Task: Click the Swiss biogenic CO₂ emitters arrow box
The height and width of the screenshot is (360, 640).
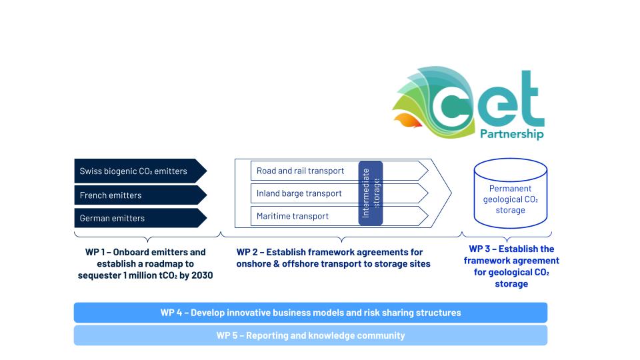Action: [x=140, y=171]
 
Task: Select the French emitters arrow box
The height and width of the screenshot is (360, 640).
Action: [x=140, y=195]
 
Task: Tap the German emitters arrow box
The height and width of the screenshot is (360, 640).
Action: [x=140, y=218]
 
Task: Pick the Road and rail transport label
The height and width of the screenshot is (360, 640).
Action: [x=300, y=171]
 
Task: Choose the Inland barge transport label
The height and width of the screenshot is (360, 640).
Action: [x=299, y=193]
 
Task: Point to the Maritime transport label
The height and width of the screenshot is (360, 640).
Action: [x=292, y=216]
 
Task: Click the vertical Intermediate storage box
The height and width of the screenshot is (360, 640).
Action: [x=371, y=193]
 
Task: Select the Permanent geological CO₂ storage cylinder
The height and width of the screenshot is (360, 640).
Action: [x=510, y=193]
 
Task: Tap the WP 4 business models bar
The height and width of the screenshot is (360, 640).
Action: [x=311, y=313]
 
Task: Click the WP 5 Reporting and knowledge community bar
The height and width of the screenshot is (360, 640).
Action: [x=311, y=335]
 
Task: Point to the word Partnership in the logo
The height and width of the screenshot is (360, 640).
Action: [x=512, y=134]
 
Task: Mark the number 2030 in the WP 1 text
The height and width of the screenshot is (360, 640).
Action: [x=202, y=275]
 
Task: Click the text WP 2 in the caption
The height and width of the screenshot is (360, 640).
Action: [x=247, y=252]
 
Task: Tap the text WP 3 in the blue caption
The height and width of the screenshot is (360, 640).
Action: [x=479, y=249]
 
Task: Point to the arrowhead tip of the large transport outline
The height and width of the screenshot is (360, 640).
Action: [x=451, y=193]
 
